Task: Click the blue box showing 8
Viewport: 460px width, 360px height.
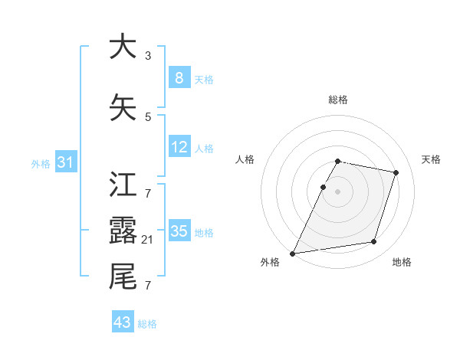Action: (179, 78)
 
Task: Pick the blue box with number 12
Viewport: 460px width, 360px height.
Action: (179, 148)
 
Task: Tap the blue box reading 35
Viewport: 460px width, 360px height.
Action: (179, 231)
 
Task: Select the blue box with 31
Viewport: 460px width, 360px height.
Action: (66, 162)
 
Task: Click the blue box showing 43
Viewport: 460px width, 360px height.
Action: (123, 322)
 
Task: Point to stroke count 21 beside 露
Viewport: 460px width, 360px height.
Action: (148, 240)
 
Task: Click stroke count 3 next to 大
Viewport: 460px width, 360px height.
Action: (148, 55)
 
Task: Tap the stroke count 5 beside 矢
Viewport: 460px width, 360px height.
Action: (148, 116)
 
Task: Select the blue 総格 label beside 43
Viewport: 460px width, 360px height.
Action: (147, 324)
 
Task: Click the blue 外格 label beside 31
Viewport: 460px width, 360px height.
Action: (41, 163)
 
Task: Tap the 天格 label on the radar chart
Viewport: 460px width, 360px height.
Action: (431, 159)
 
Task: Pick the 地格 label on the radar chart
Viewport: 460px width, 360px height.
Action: (402, 262)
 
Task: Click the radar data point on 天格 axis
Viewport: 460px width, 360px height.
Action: (396, 172)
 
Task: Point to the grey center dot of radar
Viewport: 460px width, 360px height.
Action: (337, 191)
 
